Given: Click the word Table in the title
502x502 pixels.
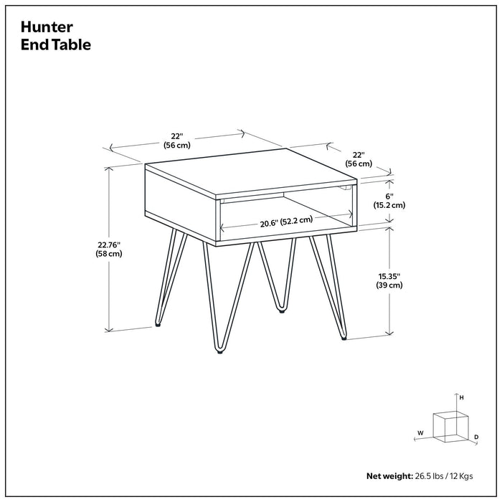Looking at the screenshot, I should pyautogui.click(x=73, y=44).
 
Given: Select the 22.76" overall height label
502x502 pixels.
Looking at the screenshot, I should pyautogui.click(x=109, y=244).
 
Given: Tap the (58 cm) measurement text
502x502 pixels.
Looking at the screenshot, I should pyautogui.click(x=109, y=255).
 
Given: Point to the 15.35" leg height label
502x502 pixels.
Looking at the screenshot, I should pyautogui.click(x=388, y=275).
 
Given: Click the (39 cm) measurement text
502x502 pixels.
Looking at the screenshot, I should pyautogui.click(x=388, y=285).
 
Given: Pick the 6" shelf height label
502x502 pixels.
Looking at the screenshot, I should pyautogui.click(x=389, y=195).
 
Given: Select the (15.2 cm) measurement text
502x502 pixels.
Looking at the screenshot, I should pyautogui.click(x=389, y=205).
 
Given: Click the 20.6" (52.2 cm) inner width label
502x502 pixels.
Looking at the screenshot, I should pyautogui.click(x=287, y=222).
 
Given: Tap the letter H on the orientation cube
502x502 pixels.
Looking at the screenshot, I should pyautogui.click(x=462, y=397).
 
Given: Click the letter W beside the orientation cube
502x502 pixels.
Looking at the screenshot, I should pyautogui.click(x=420, y=433).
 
